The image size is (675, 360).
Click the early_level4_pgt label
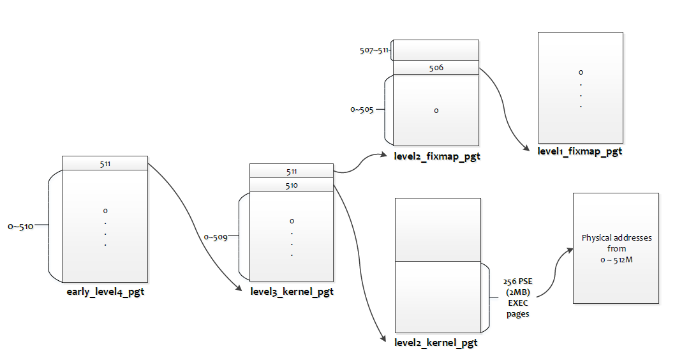pos(105,292)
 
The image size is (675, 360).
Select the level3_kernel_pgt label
pos(292,292)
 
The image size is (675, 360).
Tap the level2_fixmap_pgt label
pos(437,156)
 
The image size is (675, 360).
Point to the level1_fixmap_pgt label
pos(580,151)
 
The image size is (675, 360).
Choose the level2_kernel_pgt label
pos(436,343)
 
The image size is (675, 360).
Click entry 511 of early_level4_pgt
pos(105,163)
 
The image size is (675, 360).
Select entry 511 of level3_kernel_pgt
pos(292,171)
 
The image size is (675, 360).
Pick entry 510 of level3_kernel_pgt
pos(292,185)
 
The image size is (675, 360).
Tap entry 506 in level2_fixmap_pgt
pos(436,68)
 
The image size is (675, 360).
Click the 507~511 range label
pos(374,50)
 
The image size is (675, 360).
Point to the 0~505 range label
pos(362,110)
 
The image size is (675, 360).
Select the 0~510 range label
pos(20,227)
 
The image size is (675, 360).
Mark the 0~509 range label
pos(216,237)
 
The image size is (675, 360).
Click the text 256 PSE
pos(518,281)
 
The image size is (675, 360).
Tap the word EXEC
pos(518,303)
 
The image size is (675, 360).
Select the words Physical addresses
pos(616,237)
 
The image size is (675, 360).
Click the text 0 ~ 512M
pos(616,260)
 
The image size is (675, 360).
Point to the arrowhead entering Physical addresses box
pos(570,250)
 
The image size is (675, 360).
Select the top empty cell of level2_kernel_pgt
pos(438,230)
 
